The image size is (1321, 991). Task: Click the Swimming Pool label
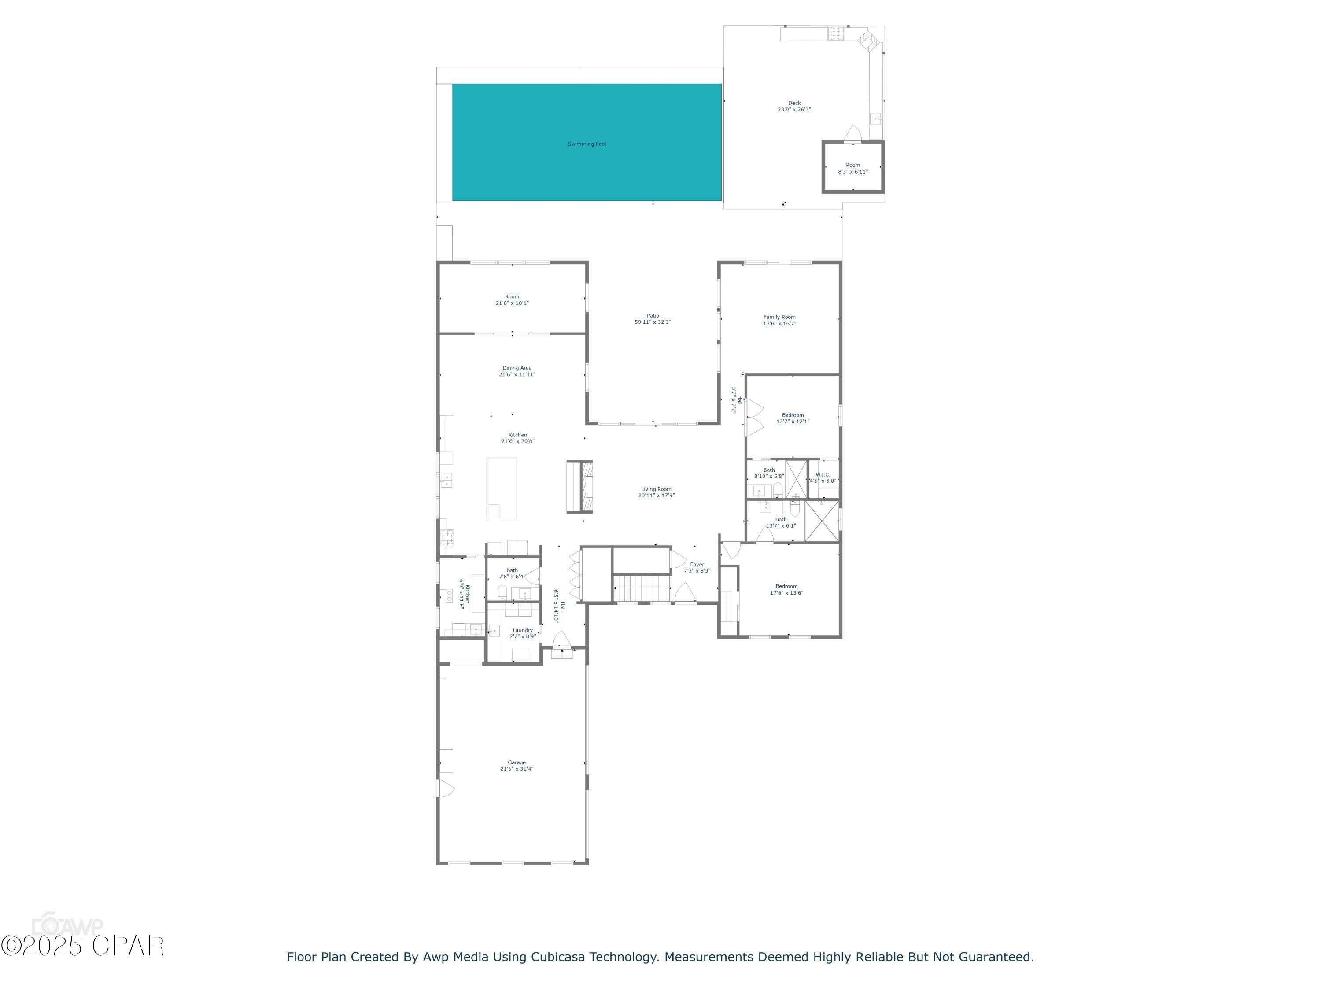pos(587,144)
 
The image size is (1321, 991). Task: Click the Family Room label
pos(779,317)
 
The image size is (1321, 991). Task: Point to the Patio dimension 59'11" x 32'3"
pos(652,322)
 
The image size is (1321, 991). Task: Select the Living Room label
pos(656,489)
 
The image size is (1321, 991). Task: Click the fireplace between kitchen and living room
pos(579,486)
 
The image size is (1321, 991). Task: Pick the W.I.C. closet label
pos(823,474)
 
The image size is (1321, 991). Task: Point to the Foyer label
pos(697,565)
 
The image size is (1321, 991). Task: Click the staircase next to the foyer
pos(642,588)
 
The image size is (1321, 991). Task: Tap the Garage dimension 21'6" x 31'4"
pos(517,769)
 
